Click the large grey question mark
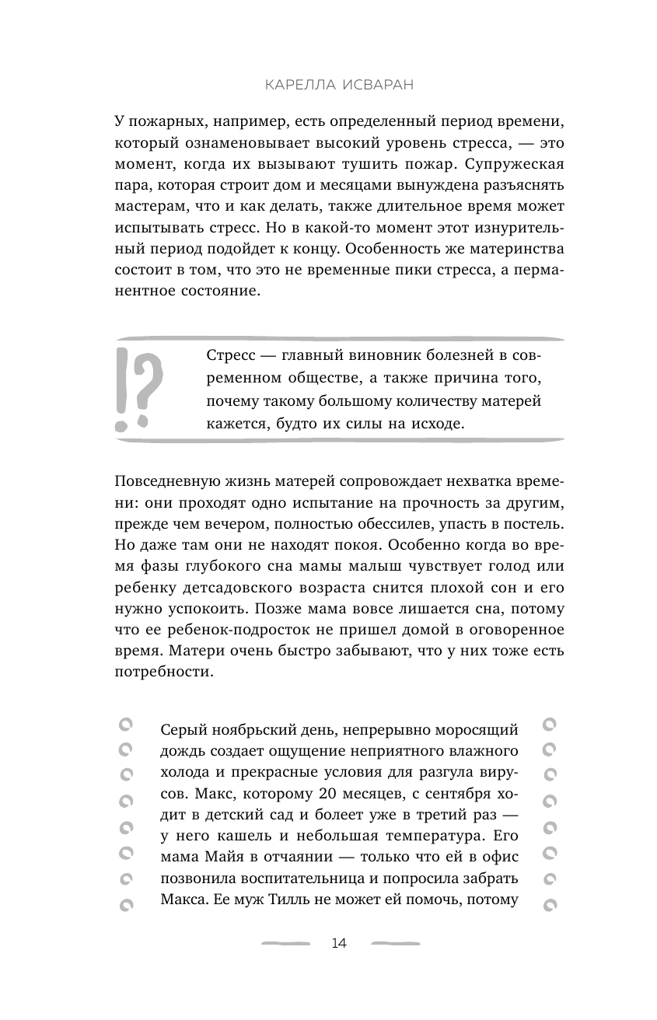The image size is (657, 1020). point(150,386)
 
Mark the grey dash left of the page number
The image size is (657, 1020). point(285,944)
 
